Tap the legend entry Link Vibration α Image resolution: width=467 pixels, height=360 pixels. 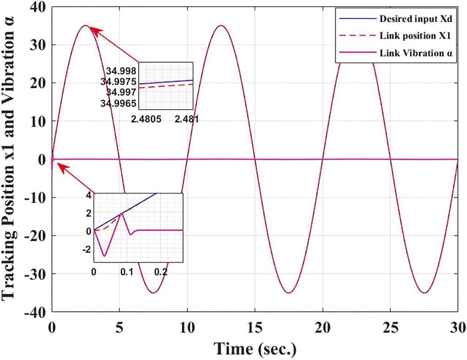click(416, 53)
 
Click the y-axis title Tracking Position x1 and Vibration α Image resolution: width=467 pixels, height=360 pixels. click(11, 159)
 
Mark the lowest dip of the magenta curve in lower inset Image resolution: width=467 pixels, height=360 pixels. click(104, 256)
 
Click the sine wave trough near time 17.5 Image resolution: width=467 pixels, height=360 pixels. click(289, 293)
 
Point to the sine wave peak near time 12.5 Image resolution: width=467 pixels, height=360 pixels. click(221, 25)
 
